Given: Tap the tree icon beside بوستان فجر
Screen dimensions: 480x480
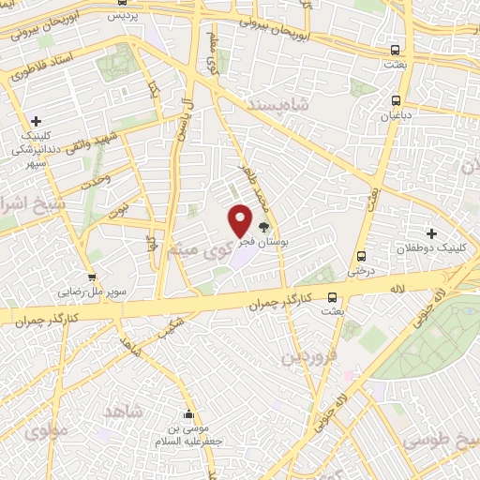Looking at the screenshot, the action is (x=263, y=226).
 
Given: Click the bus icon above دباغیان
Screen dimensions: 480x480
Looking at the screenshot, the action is (x=396, y=99).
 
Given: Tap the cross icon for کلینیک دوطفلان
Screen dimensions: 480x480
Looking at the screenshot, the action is (x=432, y=232).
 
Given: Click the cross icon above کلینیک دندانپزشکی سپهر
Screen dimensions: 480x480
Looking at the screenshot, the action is (x=36, y=122).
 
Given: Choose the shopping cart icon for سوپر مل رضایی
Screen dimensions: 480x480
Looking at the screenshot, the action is (x=92, y=277).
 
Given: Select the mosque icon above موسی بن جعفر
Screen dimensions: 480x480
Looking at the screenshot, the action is (x=190, y=414).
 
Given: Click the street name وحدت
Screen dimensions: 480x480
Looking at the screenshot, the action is (x=97, y=177).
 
